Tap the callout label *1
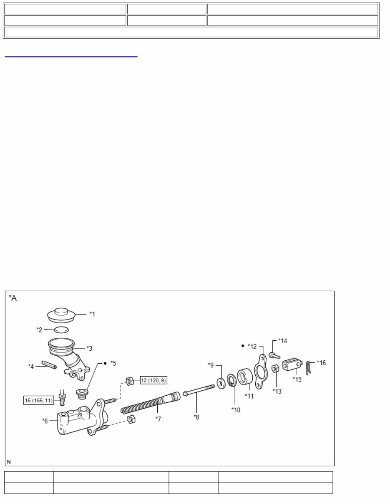click(92, 314)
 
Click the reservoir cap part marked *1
click(61, 315)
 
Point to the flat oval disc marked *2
click(62, 330)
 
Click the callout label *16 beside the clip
click(321, 363)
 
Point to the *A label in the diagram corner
click(13, 298)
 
